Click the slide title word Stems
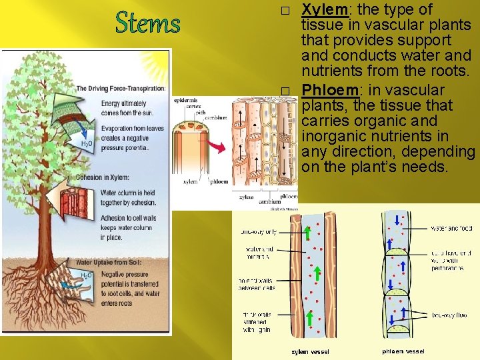pyautogui.click(x=147, y=23)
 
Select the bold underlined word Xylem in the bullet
pyautogui.click(x=323, y=10)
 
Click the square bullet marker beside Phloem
pyautogui.click(x=285, y=91)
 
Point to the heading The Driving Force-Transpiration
pyautogui.click(x=121, y=88)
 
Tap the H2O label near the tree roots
pyautogui.click(x=86, y=275)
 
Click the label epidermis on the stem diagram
pyautogui.click(x=185, y=100)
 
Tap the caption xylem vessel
pyautogui.click(x=311, y=351)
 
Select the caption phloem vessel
pyautogui.click(x=403, y=351)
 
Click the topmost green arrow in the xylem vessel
pyautogui.click(x=308, y=233)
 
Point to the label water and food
pyautogui.click(x=451, y=228)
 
